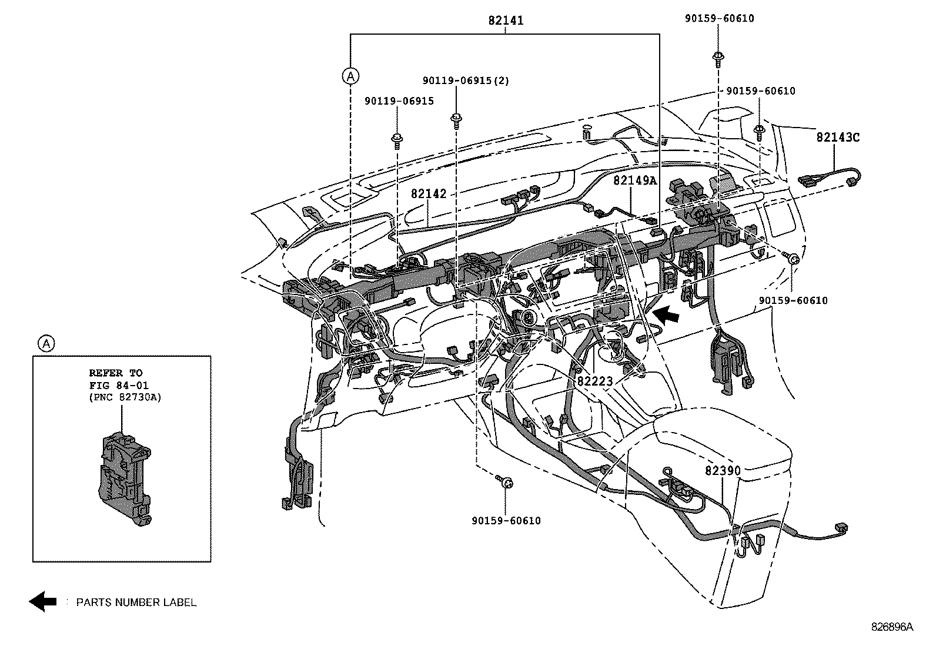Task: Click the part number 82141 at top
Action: click(x=505, y=21)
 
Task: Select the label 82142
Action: click(x=429, y=194)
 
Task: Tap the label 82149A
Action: click(x=634, y=180)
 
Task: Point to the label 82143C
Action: click(x=837, y=138)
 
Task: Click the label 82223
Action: click(x=594, y=381)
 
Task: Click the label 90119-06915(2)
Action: click(x=466, y=81)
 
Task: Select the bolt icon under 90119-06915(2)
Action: click(x=455, y=119)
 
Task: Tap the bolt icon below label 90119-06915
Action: click(x=397, y=139)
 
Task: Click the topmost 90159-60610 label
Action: click(x=719, y=18)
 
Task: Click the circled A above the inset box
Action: click(x=45, y=343)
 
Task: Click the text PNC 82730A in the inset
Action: click(x=125, y=397)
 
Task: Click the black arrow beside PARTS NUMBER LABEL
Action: click(x=43, y=601)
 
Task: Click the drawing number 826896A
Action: click(x=892, y=627)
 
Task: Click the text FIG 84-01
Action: click(x=119, y=385)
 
